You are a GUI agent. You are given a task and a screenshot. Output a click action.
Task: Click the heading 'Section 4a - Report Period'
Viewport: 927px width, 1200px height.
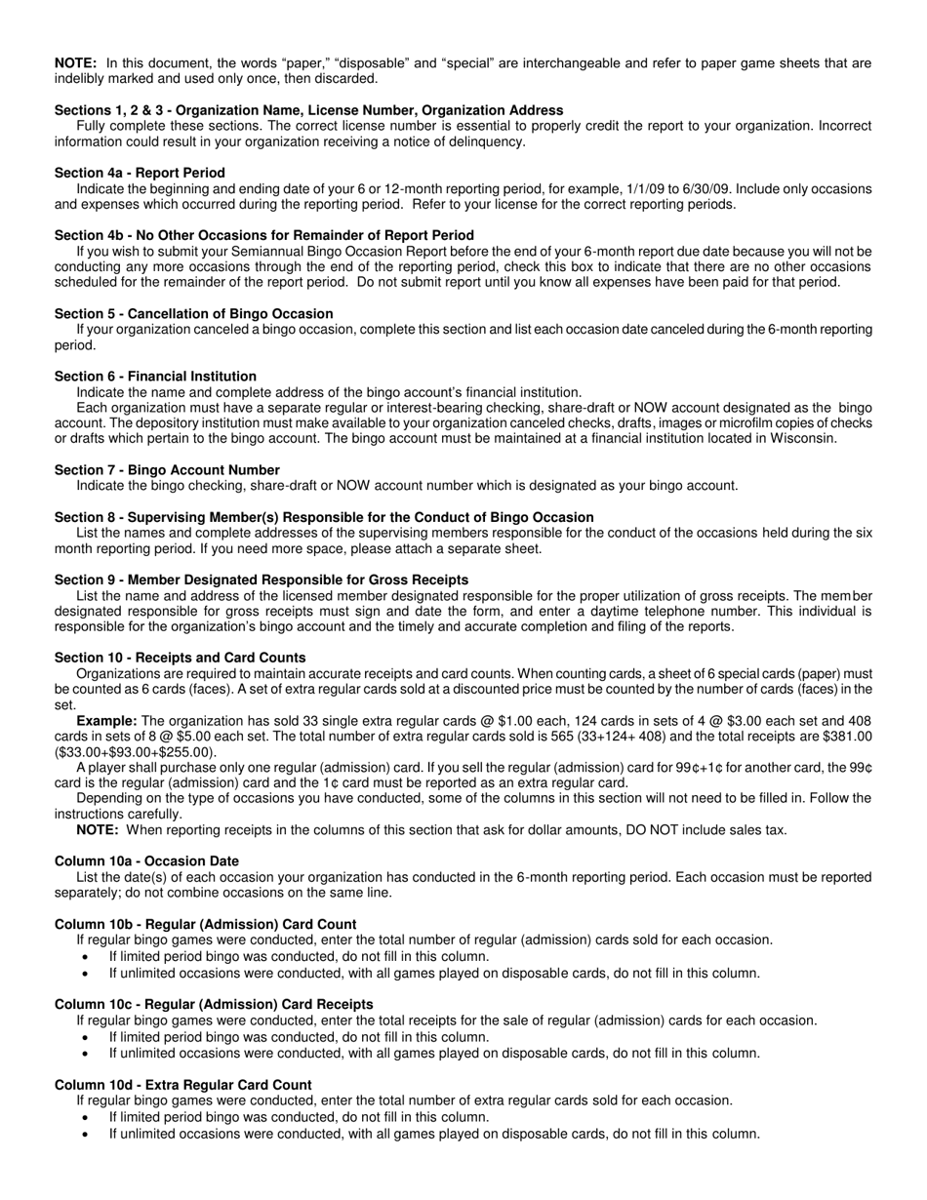click(x=140, y=173)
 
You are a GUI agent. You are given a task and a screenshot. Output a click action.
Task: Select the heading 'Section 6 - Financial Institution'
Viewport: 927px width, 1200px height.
click(x=155, y=376)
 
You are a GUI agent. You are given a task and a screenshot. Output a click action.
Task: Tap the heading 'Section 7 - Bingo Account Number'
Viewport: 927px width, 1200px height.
click(x=167, y=469)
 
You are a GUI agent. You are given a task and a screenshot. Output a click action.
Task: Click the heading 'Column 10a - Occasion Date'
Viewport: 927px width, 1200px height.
click(x=146, y=861)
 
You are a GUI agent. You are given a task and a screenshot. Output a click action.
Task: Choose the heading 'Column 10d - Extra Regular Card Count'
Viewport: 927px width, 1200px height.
click(x=183, y=1085)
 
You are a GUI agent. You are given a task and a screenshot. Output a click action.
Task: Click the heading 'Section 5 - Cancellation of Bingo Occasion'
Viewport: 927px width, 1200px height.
click(x=193, y=313)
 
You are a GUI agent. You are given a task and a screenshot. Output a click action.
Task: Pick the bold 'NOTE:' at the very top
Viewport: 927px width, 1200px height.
click(x=75, y=63)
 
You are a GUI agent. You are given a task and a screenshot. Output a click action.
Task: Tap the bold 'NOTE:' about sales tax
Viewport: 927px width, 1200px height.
click(x=98, y=830)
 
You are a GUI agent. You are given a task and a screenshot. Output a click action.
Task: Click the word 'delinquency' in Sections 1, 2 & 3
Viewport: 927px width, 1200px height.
click(x=485, y=141)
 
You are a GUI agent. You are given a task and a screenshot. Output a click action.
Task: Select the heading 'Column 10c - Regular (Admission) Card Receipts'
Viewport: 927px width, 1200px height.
click(x=214, y=1004)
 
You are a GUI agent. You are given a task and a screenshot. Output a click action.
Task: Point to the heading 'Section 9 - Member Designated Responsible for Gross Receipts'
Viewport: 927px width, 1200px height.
click(x=262, y=580)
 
